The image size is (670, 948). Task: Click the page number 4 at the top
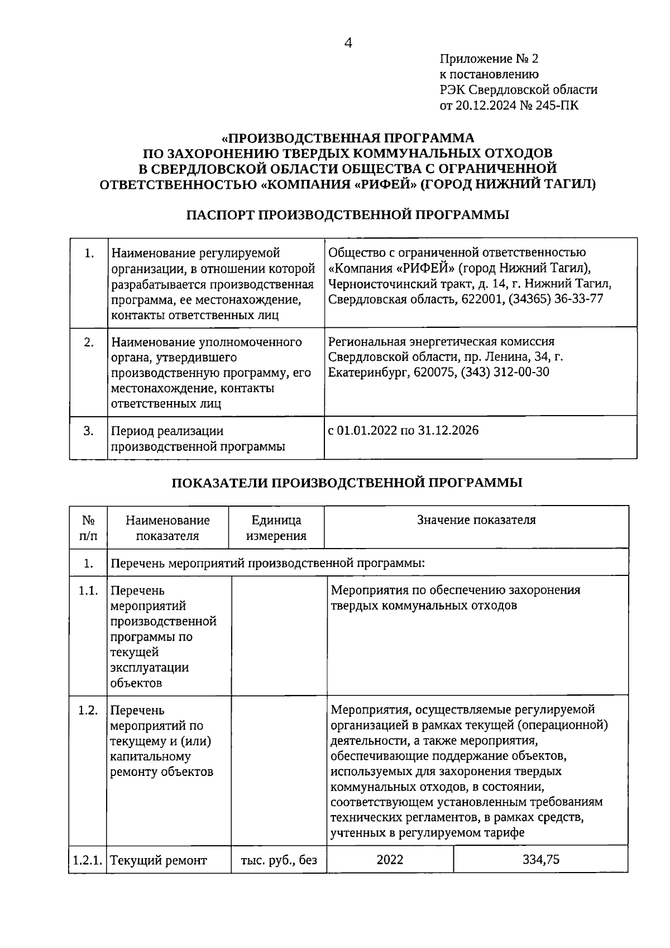[348, 43]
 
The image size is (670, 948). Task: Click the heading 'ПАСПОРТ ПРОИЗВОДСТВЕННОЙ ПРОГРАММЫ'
[347, 215]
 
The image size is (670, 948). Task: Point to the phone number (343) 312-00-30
[504, 372]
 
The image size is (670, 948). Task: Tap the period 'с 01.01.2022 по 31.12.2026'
[403, 431]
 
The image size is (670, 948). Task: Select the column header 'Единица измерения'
[276, 528]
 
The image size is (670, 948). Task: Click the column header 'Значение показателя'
[476, 520]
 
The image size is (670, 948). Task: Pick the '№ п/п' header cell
[88, 528]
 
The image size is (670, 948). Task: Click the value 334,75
[540, 860]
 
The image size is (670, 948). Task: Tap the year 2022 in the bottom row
[390, 860]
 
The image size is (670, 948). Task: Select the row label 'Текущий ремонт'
[159, 860]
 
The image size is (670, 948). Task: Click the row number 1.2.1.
[88, 860]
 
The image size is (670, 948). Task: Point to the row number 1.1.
[88, 591]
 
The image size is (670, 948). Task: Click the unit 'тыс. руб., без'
[279, 860]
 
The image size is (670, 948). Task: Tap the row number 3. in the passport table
[88, 431]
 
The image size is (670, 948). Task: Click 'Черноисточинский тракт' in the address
[391, 284]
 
